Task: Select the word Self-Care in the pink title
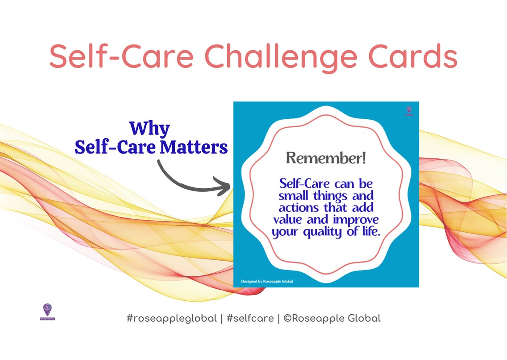click(x=121, y=57)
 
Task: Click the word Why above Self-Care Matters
click(x=149, y=129)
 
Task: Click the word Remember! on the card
click(x=326, y=158)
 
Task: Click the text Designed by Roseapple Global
click(x=267, y=281)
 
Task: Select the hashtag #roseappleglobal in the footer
click(x=172, y=319)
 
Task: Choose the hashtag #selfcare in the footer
click(x=249, y=319)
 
